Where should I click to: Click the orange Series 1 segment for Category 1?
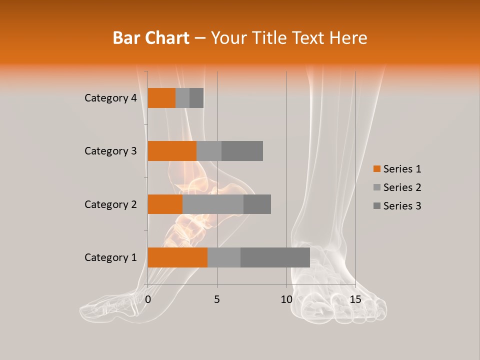click(x=177, y=257)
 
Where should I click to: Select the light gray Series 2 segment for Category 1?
click(x=224, y=257)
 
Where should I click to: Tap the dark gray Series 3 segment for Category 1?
click(x=275, y=257)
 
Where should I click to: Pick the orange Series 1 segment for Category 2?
click(x=165, y=204)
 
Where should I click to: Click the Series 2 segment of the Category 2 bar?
click(x=213, y=204)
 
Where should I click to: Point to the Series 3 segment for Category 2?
click(x=257, y=204)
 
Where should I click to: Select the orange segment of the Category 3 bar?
click(x=172, y=151)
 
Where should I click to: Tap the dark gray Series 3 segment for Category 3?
click(x=242, y=151)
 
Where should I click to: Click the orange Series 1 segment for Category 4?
click(x=161, y=98)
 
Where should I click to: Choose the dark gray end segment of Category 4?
click(x=196, y=98)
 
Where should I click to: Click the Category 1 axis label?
click(x=110, y=257)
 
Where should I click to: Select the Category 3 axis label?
click(x=110, y=151)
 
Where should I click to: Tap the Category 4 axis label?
click(x=110, y=98)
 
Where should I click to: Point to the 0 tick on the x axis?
click(x=148, y=299)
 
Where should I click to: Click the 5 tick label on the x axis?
click(x=217, y=299)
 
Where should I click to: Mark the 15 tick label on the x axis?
click(x=355, y=299)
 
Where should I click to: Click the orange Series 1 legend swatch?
click(x=376, y=169)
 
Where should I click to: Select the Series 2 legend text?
click(x=402, y=187)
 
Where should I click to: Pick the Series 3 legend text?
click(x=402, y=206)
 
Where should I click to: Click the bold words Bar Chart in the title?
click(x=151, y=38)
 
